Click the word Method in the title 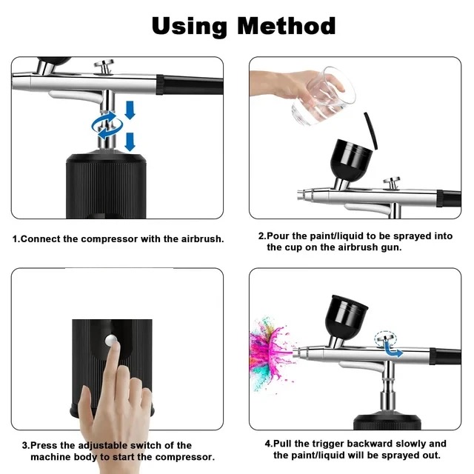[287, 26]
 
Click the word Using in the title [190, 27]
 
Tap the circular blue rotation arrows [107, 125]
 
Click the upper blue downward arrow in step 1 [130, 110]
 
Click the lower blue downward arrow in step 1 [130, 141]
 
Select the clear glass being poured [324, 96]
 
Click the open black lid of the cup [371, 130]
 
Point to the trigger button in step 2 [392, 183]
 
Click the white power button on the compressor [111, 340]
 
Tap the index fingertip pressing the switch [113, 347]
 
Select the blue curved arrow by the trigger [393, 350]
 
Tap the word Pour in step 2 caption [278, 236]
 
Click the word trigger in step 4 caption [329, 444]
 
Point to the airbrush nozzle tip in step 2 [300, 195]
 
